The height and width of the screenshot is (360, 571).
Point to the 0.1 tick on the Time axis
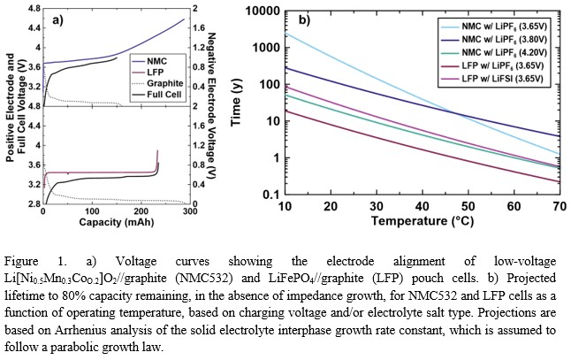tap(268, 195)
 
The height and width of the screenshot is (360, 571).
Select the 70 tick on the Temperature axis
tap(559, 206)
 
